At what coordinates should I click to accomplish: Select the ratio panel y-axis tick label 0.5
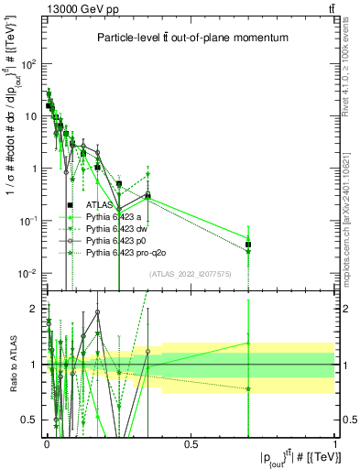coord(29,420)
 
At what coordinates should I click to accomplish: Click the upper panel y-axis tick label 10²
coord(27,64)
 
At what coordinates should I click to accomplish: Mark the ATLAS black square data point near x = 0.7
coord(248,245)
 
